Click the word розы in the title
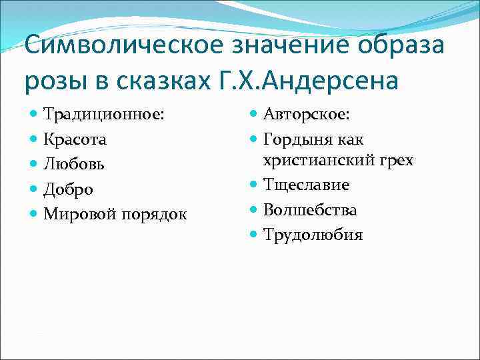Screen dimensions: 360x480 click(54, 81)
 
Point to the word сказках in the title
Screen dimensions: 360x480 click(167, 81)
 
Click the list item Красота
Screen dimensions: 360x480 click(75, 139)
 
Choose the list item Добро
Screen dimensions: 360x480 click(69, 189)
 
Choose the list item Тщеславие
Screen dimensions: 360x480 click(306, 185)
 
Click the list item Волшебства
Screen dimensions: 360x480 click(310, 210)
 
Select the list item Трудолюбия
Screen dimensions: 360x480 click(313, 235)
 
